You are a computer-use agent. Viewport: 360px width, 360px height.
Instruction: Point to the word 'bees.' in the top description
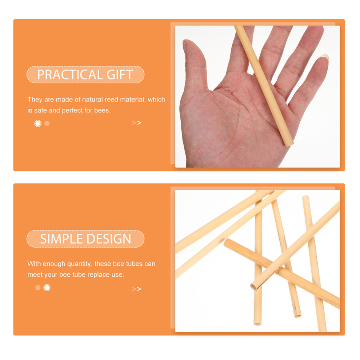103,110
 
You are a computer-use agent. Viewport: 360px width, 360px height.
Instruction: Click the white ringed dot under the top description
38,123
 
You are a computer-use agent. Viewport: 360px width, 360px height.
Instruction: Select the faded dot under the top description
47,124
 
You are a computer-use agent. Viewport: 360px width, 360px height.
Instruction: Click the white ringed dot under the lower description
47,288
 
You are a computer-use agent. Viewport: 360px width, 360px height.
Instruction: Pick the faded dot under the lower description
38,288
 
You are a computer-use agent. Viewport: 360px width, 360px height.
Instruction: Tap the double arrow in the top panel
136,123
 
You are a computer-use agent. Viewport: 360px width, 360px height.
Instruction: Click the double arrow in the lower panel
136,289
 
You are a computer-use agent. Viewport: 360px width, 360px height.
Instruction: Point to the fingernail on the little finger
325,57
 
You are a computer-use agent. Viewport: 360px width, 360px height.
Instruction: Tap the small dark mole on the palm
232,93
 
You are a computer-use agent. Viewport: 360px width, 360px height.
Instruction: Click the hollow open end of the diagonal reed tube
254,287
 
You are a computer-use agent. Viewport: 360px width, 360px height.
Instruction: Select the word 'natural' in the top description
92,99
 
